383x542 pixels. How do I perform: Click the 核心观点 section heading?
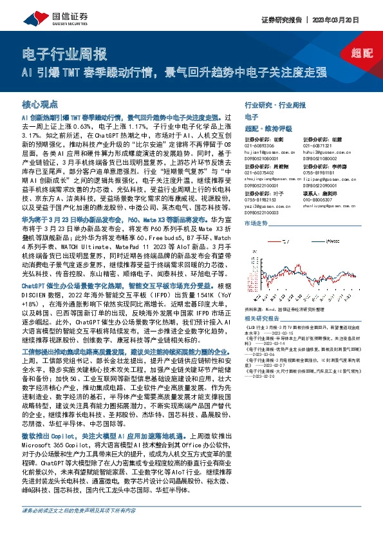tap(40, 104)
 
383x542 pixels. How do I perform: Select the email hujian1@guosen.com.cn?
tap(269, 151)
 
